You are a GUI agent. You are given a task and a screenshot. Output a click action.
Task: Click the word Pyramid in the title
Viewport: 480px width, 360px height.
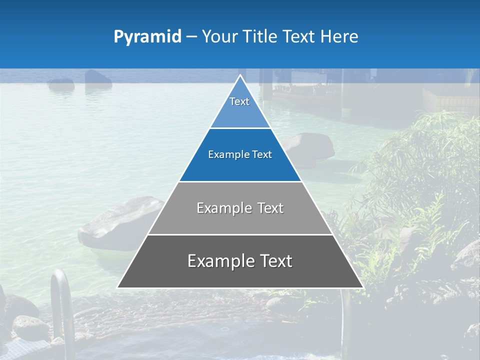[x=147, y=37]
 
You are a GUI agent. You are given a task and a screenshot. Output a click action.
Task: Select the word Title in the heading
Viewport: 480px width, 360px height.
[x=259, y=37]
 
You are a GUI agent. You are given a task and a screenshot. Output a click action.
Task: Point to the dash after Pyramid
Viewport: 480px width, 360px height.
[x=191, y=37]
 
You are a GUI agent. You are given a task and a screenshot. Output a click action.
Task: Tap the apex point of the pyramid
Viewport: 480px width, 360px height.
[x=240, y=75]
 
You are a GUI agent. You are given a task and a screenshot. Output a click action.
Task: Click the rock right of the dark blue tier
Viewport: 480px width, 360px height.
[x=312, y=147]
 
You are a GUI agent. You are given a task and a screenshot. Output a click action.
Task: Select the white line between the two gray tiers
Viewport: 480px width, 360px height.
[x=240, y=234]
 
